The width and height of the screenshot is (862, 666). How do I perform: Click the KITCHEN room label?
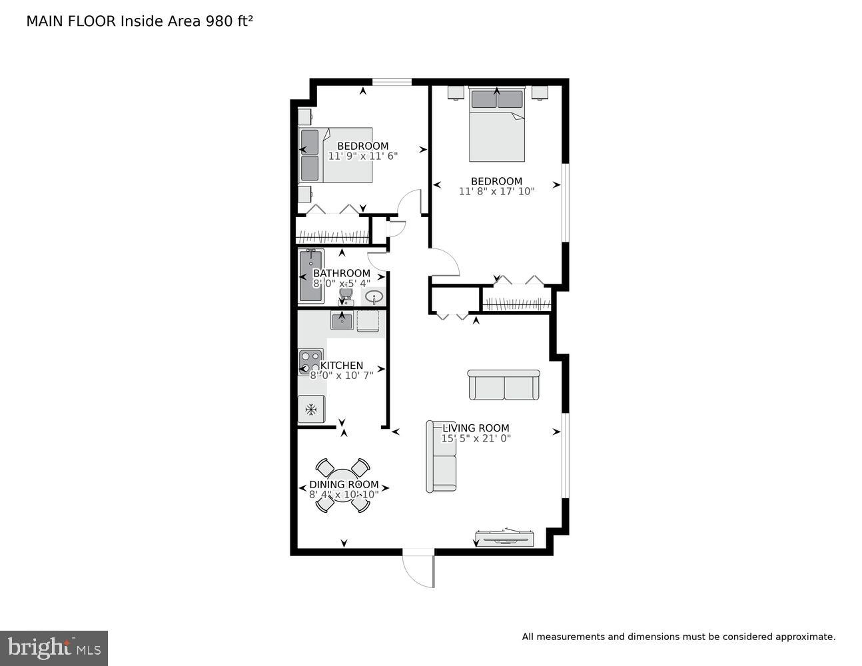pyautogui.click(x=342, y=366)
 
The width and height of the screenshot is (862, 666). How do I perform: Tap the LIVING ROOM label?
pyautogui.click(x=476, y=428)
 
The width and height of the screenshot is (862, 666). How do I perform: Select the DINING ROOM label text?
pyautogui.click(x=344, y=484)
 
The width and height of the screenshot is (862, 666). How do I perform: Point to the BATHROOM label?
pyautogui.click(x=342, y=273)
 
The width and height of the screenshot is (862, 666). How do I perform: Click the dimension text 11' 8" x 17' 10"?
pyautogui.click(x=496, y=191)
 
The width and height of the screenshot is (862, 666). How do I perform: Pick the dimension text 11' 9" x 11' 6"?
pyautogui.click(x=362, y=156)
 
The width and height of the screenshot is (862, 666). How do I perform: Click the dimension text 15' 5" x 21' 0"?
pyautogui.click(x=476, y=438)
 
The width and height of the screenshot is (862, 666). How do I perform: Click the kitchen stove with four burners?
pyautogui.click(x=310, y=362)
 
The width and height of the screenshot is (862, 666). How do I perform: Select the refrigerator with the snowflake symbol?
pyautogui.click(x=311, y=409)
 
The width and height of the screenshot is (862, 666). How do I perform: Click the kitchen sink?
pyautogui.click(x=342, y=321)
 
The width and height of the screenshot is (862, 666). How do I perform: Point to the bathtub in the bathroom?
pyautogui.click(x=310, y=276)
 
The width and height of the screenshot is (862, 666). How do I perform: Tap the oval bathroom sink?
pyautogui.click(x=374, y=296)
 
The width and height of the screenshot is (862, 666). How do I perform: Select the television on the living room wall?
pyautogui.click(x=504, y=537)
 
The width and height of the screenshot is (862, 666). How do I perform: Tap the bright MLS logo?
pyautogui.click(x=54, y=648)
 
